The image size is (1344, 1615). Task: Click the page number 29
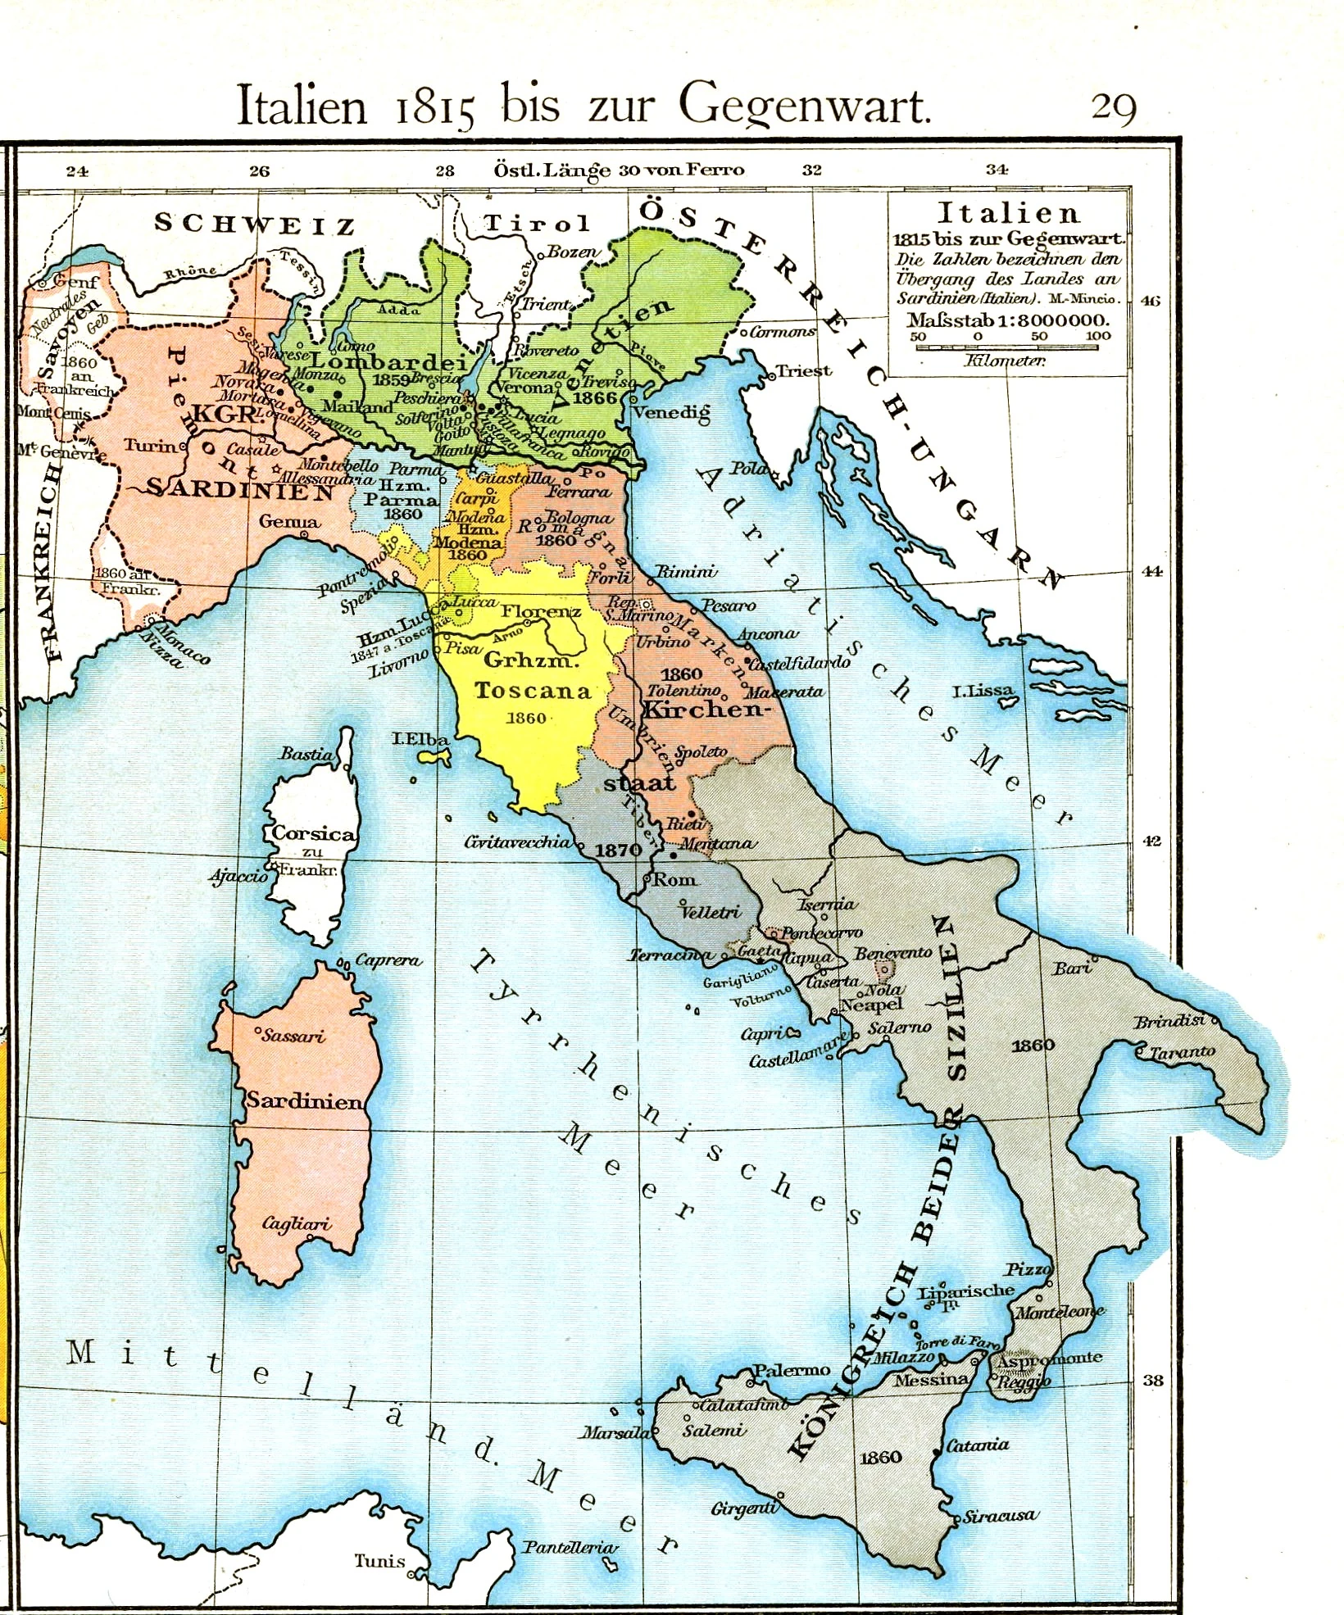(x=1113, y=107)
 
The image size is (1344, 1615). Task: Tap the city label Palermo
(x=792, y=1369)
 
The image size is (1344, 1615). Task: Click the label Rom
(x=674, y=879)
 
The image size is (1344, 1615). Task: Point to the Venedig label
(x=671, y=412)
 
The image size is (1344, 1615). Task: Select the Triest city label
(x=804, y=370)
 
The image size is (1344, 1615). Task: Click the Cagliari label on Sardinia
(x=297, y=1223)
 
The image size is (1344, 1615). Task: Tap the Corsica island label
(x=314, y=833)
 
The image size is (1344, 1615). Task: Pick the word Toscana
(x=533, y=691)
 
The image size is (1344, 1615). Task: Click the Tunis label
(x=379, y=1560)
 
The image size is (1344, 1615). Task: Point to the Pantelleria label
(x=570, y=1547)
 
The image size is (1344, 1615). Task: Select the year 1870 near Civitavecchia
(x=618, y=850)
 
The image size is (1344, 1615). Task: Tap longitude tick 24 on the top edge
(x=77, y=170)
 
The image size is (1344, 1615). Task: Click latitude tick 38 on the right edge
(x=1153, y=1380)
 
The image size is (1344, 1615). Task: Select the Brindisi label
(x=1169, y=1021)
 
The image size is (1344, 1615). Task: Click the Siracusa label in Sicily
(x=999, y=1516)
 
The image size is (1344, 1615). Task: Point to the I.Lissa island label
(x=983, y=691)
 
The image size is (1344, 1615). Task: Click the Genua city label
(x=289, y=521)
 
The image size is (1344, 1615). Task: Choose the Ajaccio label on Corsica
(x=238, y=876)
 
